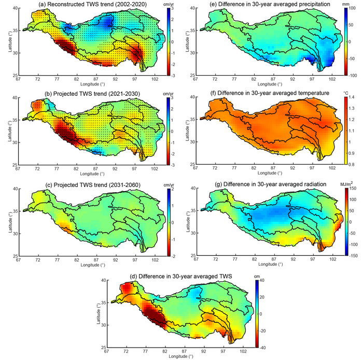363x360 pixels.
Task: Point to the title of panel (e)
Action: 269,5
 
